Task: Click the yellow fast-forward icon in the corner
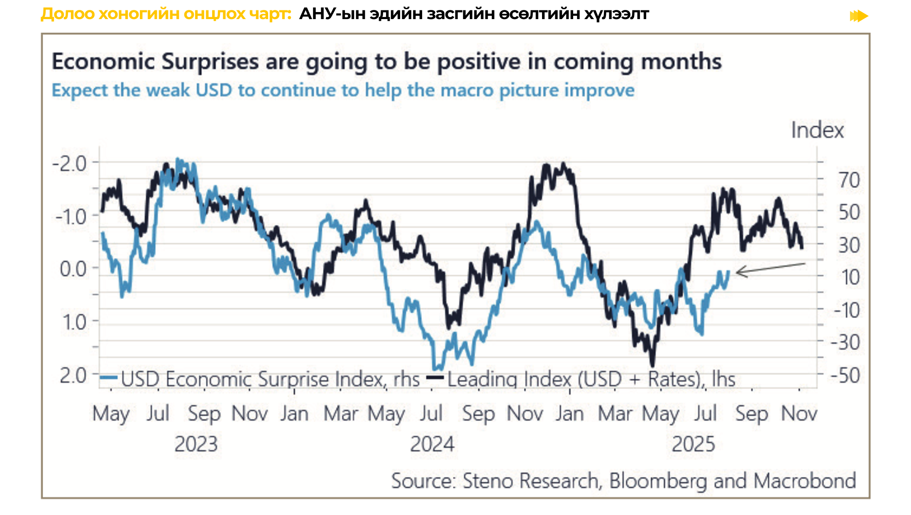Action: (859, 16)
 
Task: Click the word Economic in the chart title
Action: (103, 61)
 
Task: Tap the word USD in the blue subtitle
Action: (214, 90)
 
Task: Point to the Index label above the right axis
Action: (817, 130)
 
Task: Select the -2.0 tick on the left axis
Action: (70, 164)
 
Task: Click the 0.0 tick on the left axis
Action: (73, 269)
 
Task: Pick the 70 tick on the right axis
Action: (849, 180)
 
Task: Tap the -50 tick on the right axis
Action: (845, 375)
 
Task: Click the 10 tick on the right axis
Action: (850, 277)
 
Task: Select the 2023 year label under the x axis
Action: (196, 444)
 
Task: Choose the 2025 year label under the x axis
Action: (693, 444)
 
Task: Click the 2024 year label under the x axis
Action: (432, 444)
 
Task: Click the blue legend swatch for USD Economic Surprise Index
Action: (109, 378)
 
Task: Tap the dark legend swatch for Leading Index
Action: (436, 378)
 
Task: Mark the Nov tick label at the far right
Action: (799, 414)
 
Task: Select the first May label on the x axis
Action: (111, 414)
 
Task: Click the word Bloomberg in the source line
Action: (658, 481)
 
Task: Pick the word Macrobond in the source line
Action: (805, 481)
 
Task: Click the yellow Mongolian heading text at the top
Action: (166, 14)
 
